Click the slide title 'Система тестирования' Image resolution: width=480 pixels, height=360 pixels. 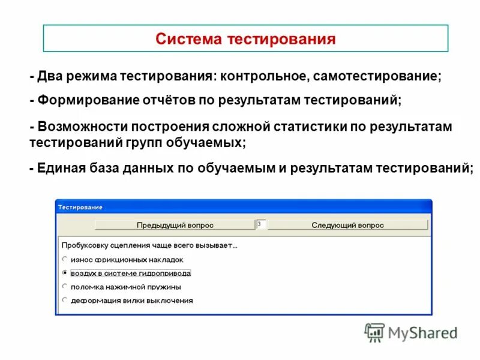(245, 40)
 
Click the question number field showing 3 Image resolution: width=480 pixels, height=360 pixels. (262, 224)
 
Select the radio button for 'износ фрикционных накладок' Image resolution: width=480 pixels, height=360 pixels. (65, 259)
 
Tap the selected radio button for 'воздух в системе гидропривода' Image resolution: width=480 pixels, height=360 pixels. (65, 272)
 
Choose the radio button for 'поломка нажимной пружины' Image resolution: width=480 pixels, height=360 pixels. (65, 286)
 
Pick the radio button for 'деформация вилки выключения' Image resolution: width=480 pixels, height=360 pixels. (65, 300)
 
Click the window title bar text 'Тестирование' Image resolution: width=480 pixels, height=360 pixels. (80, 207)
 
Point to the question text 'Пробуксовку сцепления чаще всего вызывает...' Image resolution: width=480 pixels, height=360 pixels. (149, 245)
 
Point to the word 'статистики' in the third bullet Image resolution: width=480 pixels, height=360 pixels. (306, 127)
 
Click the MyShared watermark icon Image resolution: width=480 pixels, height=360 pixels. (374, 332)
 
